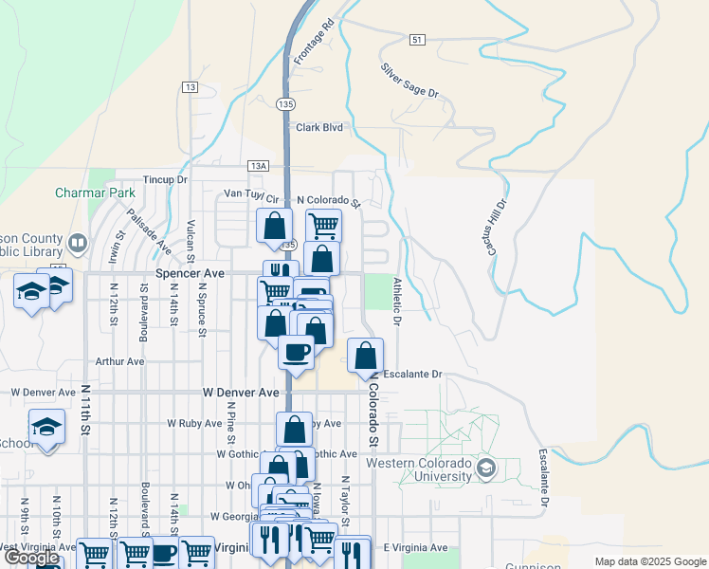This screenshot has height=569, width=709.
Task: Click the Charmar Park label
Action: [95, 192]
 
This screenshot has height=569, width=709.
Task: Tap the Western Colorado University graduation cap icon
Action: [486, 468]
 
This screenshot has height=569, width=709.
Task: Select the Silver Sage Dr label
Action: [410, 81]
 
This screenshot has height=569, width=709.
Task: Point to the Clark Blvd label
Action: [318, 127]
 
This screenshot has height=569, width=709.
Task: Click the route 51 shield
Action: [418, 40]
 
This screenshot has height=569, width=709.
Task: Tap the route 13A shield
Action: [259, 165]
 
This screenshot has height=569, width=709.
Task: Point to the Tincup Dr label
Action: [166, 179]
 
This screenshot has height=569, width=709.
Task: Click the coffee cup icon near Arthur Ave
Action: [295, 352]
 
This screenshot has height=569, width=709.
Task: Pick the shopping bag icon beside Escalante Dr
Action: [366, 356]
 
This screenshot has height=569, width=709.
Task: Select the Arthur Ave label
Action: [119, 361]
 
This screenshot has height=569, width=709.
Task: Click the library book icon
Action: [78, 244]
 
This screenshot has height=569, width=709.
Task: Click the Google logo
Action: [31, 558]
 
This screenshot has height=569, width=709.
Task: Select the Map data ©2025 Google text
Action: [649, 561]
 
